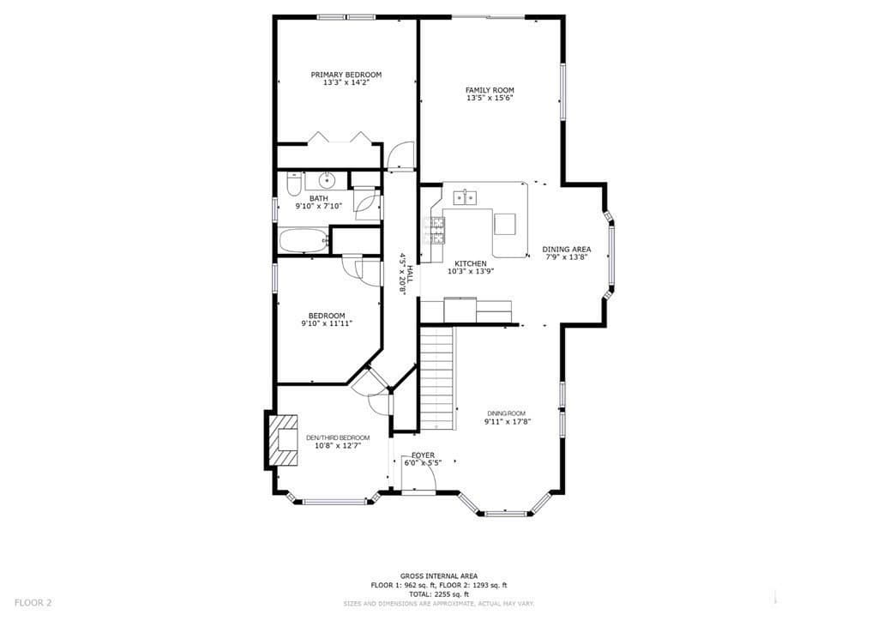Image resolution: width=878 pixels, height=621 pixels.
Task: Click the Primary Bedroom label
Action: pyautogui.click(x=346, y=75)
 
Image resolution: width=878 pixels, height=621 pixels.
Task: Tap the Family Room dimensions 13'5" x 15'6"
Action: pyautogui.click(x=490, y=98)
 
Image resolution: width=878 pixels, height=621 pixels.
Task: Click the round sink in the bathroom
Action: pyautogui.click(x=326, y=180)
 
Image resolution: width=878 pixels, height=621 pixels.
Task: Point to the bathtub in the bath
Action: pyautogui.click(x=303, y=240)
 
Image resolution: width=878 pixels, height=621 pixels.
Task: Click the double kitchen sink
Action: pyautogui.click(x=466, y=197)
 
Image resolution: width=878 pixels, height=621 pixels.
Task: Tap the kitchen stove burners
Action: pyautogui.click(x=437, y=231)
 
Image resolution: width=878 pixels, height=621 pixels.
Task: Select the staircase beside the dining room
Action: pyautogui.click(x=436, y=377)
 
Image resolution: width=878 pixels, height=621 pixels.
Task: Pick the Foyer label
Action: pyautogui.click(x=423, y=455)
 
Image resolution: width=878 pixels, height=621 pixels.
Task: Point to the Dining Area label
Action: pyautogui.click(x=566, y=250)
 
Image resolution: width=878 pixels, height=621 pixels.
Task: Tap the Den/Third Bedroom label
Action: pyautogui.click(x=338, y=438)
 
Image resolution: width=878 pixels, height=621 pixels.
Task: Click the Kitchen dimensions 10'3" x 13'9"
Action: pyautogui.click(x=471, y=272)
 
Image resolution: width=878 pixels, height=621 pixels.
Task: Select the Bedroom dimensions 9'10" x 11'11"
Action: pyautogui.click(x=327, y=323)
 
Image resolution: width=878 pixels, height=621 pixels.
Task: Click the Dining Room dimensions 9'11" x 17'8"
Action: pyautogui.click(x=508, y=422)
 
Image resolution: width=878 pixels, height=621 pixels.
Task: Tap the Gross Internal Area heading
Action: pyautogui.click(x=439, y=576)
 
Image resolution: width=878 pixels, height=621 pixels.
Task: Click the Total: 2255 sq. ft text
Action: pyautogui.click(x=439, y=594)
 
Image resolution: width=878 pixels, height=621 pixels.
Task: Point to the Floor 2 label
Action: pyautogui.click(x=33, y=603)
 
